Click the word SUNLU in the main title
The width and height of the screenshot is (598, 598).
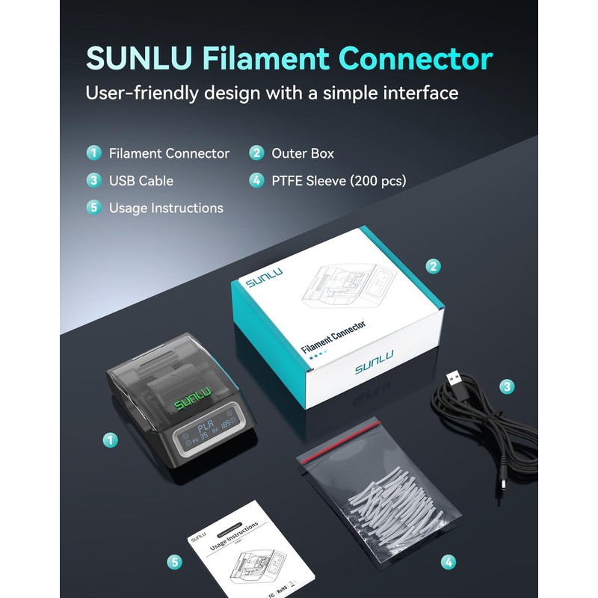[138, 60]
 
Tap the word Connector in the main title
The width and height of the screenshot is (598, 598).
[422, 60]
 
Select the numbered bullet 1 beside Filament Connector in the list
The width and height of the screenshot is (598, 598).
[93, 153]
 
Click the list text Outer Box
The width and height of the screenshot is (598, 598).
[303, 153]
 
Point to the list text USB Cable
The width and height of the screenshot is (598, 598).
[141, 181]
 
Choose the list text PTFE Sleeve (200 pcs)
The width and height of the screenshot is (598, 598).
[339, 181]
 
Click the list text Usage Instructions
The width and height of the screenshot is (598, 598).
[166, 208]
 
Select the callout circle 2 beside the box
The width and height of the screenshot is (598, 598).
[432, 265]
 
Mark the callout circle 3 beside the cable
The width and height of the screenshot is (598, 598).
[507, 386]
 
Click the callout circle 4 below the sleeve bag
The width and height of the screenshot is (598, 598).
[448, 561]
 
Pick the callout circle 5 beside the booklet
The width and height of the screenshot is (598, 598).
[175, 561]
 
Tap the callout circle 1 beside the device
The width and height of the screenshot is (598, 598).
[110, 440]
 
